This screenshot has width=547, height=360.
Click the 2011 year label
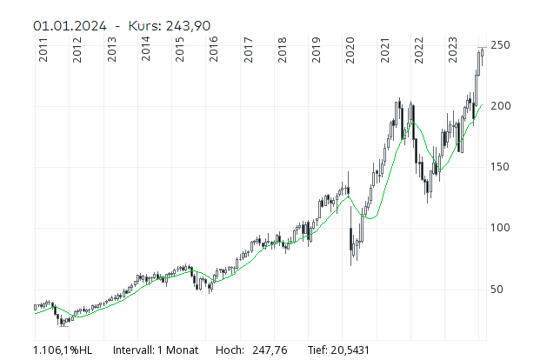click(44, 50)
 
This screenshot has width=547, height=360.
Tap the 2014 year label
click(146, 50)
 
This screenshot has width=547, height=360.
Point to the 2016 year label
click(214, 50)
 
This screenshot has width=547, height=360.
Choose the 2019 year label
click(317, 50)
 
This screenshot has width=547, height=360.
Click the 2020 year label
click(350, 50)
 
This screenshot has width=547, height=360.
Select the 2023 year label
click(452, 50)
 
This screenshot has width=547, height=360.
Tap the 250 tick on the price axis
click(499, 44)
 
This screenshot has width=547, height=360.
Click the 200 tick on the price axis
click(499, 105)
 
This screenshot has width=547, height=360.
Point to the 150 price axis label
click(499, 167)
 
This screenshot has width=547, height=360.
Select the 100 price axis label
click(499, 228)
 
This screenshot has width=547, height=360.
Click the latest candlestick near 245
click(482, 56)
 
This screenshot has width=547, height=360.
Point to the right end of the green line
click(482, 105)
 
